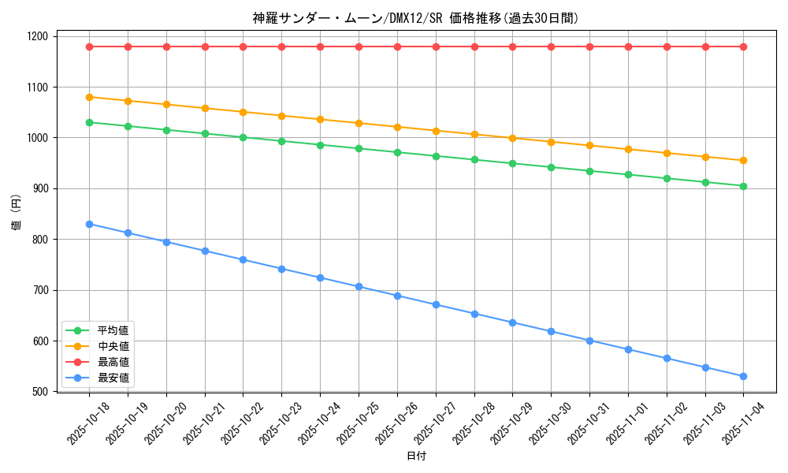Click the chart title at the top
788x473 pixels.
pos(415,18)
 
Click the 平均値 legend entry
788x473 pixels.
pos(113,330)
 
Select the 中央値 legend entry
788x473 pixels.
pos(113,346)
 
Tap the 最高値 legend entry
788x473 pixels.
pos(113,362)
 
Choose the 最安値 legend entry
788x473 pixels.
pos(113,378)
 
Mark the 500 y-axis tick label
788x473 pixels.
pos(39,392)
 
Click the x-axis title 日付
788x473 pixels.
pos(416,456)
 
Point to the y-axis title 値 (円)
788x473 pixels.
pos(16,214)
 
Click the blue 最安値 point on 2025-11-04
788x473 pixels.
pos(743,376)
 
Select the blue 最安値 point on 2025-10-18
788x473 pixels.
pos(89,224)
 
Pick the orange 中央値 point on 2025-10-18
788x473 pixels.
pos(89,97)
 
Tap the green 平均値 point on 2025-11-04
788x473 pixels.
pos(743,186)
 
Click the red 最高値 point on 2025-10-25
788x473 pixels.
pos(359,47)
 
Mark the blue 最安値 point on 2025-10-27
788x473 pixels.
pos(436,304)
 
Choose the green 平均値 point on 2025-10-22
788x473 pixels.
pos(243,137)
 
